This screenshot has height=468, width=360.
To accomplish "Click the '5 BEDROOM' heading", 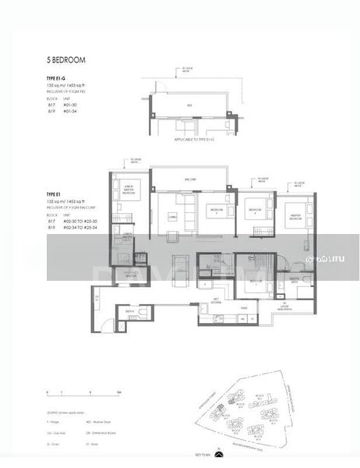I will (x=65, y=59).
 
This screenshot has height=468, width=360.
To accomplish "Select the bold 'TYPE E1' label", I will (x=54, y=195).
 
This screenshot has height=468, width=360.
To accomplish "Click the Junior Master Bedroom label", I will (x=129, y=189).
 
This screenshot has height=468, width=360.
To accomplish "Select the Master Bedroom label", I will (x=294, y=218).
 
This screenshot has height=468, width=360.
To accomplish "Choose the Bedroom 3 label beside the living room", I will (x=215, y=211).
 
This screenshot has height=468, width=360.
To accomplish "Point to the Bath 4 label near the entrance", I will (x=129, y=310).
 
